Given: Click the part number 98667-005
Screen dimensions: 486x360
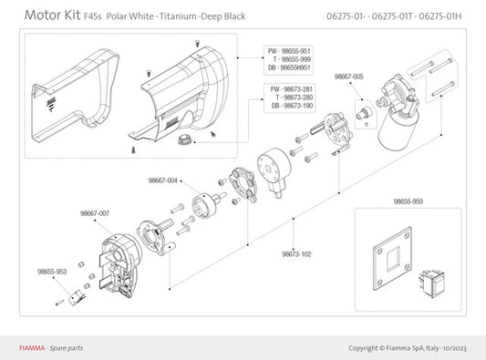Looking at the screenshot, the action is pos(348,77).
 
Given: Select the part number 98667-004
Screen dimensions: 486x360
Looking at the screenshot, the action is pos(162,180).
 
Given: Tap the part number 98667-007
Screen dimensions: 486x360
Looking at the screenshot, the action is pos(95,213).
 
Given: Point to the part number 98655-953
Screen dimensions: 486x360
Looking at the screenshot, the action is pos(52,272).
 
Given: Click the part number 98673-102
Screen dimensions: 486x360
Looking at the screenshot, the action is pos(296,254).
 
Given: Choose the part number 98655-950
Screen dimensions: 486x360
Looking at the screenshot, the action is pos(408,201).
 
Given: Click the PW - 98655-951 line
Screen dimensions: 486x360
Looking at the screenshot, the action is pos(289,51).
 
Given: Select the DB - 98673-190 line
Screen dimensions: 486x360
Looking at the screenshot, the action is pos(292,106).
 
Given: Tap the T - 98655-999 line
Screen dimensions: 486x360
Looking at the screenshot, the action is pos(292,59).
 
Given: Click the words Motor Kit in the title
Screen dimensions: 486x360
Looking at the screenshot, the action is pos(52,15).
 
